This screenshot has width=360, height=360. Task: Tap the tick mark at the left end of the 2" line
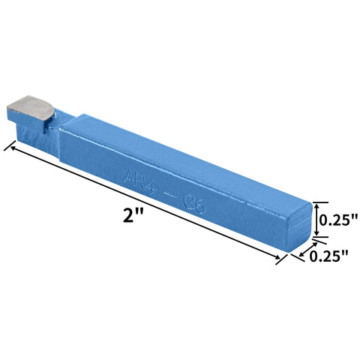click(x=8, y=146)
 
